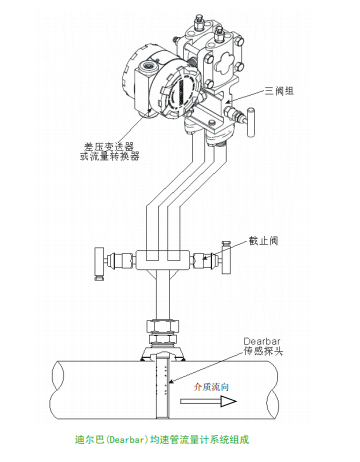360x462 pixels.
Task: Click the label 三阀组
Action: [279, 91]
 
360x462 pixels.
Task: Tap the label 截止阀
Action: [263, 241]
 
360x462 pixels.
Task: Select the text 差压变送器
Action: [109, 146]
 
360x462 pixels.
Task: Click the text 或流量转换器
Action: [109, 156]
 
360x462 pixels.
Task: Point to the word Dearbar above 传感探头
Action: [262, 341]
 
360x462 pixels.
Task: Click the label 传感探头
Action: [263, 351]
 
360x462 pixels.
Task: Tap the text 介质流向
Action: [211, 387]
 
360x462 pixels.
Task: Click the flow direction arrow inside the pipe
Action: [208, 401]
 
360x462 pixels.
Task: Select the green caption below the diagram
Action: [162, 439]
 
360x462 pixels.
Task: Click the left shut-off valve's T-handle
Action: [99, 264]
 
